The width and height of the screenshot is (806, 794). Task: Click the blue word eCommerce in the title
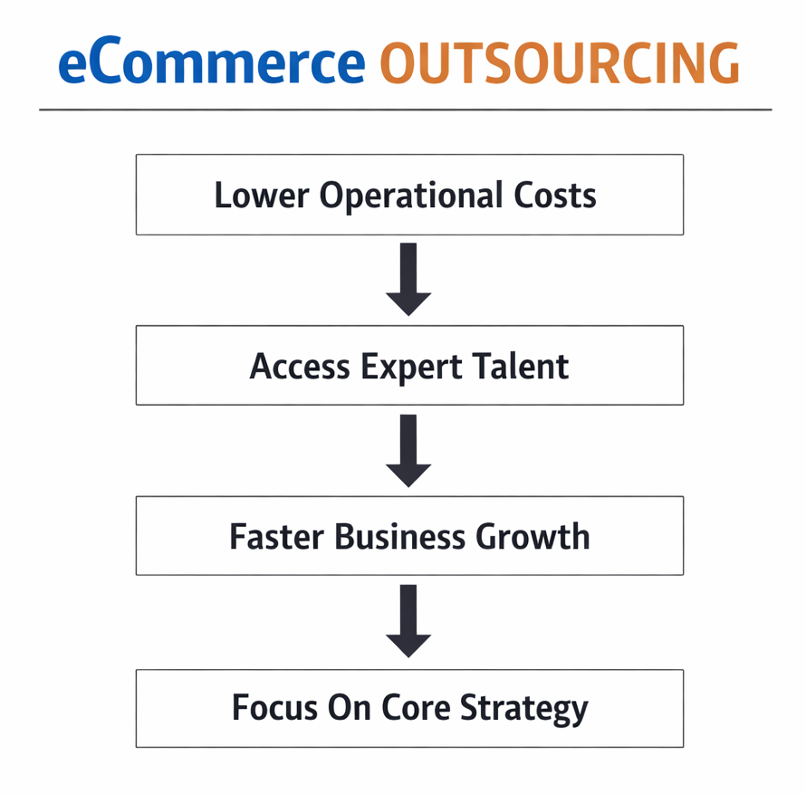[x=211, y=63]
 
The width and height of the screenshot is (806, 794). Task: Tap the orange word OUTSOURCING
[x=559, y=63]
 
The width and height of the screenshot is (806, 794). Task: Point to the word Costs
[x=563, y=196]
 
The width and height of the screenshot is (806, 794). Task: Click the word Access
[x=300, y=367]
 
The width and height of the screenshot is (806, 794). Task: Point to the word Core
[x=407, y=707]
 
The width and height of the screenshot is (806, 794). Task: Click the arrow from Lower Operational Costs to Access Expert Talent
[x=408, y=279]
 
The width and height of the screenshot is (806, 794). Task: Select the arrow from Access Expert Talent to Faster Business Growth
[x=408, y=450]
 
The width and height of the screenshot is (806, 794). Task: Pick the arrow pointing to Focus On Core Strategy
[x=408, y=620]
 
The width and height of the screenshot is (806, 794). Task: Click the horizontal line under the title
[x=405, y=110]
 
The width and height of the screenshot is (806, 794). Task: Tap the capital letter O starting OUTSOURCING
[x=399, y=63]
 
